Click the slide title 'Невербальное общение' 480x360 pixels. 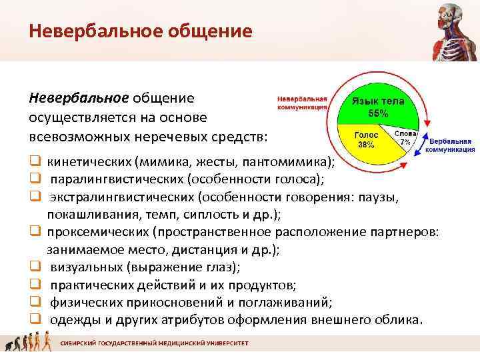click(141, 31)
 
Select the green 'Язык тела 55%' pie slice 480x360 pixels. click(378, 107)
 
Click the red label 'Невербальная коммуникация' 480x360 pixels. click(302, 101)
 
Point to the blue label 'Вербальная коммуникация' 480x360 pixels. click(450, 145)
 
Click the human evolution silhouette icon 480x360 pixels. click(27, 345)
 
